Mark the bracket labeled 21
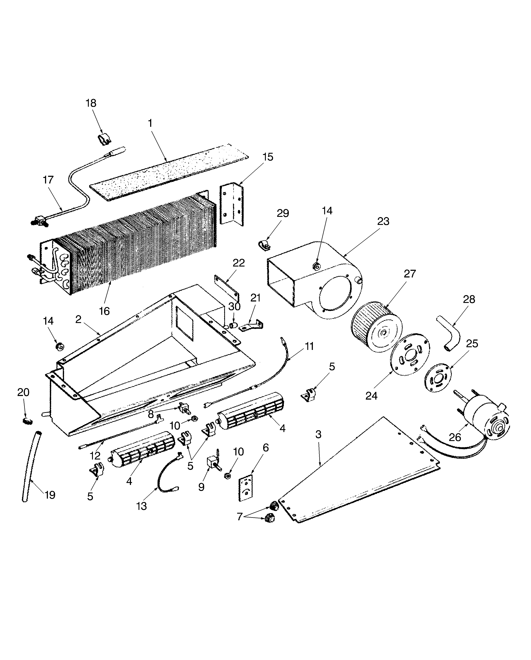251,325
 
